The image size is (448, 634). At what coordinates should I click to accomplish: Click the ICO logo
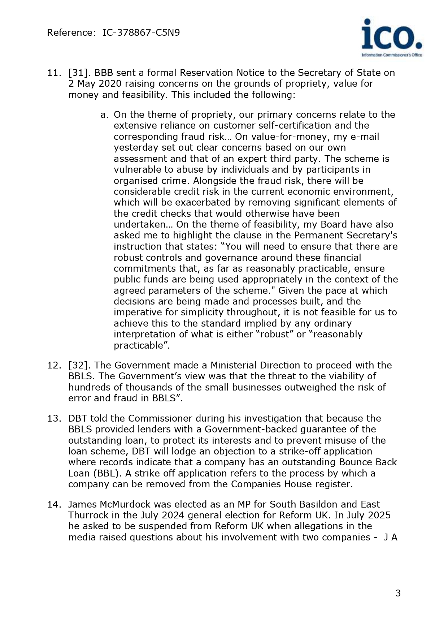392,38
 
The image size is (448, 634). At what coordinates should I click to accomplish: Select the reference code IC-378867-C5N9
141,33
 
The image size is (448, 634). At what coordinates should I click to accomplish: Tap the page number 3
398,593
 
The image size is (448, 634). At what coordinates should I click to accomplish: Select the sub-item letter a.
104,115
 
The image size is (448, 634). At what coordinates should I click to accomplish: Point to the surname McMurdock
123,504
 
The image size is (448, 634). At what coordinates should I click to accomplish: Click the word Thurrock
86,515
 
